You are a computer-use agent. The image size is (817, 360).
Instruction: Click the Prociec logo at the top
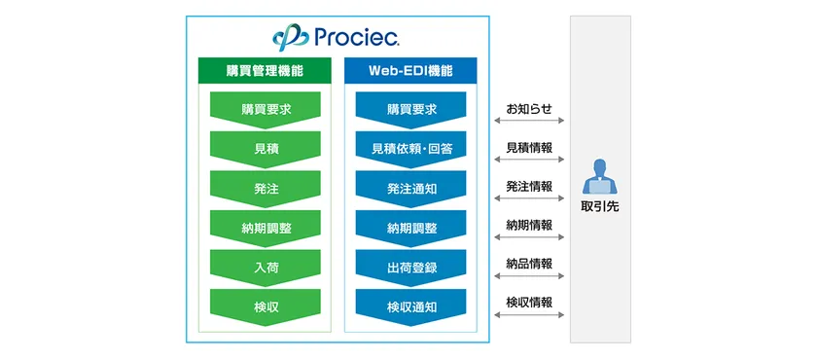click(337, 37)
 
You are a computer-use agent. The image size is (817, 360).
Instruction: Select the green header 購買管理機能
click(266, 72)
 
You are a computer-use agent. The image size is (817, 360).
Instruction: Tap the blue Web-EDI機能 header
click(410, 72)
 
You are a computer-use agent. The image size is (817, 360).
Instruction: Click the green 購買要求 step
click(266, 109)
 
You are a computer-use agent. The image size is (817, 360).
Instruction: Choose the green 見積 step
click(266, 149)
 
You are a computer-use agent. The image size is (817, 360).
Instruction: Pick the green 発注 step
click(266, 188)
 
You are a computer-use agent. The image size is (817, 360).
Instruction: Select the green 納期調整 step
click(266, 228)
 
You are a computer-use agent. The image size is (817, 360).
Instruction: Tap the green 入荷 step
click(266, 267)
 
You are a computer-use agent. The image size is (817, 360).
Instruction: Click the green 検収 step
click(266, 306)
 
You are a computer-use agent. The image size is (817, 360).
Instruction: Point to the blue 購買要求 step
click(410, 109)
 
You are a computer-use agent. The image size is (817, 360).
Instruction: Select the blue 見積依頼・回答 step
click(410, 149)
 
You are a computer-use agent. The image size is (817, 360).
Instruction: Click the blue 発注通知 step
click(410, 188)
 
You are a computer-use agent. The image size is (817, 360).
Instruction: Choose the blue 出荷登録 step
click(410, 267)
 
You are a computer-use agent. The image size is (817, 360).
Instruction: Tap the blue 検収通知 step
click(410, 306)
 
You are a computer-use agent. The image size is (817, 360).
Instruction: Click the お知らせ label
click(529, 108)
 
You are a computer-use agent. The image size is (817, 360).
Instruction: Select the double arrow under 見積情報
click(529, 160)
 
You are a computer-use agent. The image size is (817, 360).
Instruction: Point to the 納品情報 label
click(529, 264)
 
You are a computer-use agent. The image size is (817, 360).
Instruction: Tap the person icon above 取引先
click(599, 176)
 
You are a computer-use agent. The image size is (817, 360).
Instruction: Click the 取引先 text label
click(599, 207)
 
